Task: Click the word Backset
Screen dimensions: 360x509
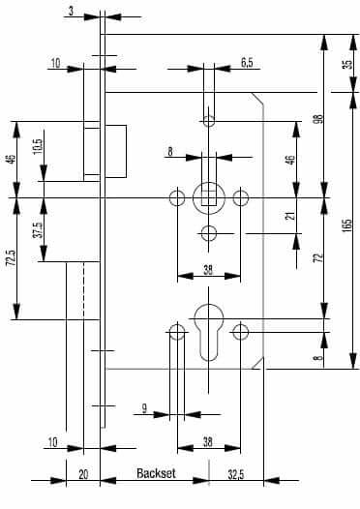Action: [x=156, y=473]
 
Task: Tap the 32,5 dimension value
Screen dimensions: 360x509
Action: [x=236, y=475]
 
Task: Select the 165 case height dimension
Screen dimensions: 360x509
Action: [x=346, y=225]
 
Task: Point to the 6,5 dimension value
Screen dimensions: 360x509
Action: [x=247, y=63]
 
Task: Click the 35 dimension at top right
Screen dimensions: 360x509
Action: [x=347, y=64]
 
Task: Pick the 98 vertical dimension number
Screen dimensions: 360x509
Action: [x=319, y=118]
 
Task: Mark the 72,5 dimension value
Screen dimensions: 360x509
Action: [x=12, y=258]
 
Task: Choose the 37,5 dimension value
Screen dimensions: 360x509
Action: [x=38, y=229]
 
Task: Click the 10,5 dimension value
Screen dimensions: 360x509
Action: [x=38, y=147]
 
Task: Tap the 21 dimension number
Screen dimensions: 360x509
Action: [x=291, y=216]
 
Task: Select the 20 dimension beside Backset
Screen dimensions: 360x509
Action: [x=83, y=474]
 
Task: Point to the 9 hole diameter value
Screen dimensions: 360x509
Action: [x=145, y=408]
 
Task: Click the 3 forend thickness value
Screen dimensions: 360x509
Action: [x=71, y=11]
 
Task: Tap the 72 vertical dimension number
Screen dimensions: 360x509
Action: [x=319, y=257]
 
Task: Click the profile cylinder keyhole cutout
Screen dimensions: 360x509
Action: [x=209, y=332]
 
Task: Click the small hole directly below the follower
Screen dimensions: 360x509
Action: [x=209, y=233]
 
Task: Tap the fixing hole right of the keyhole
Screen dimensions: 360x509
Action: [x=241, y=332]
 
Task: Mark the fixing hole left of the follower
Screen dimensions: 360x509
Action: [x=177, y=197]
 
